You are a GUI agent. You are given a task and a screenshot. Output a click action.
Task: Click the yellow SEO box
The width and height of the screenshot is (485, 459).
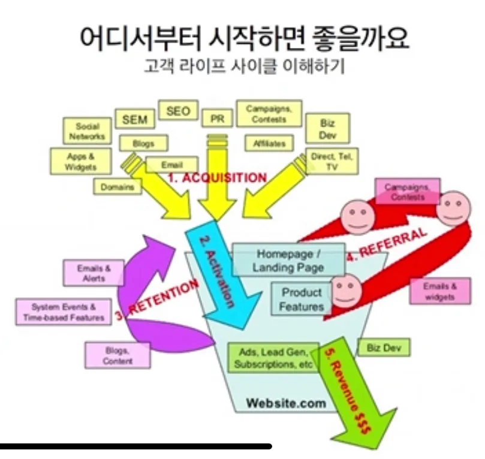178,111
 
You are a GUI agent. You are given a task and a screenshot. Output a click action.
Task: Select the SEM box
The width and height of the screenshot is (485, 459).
134,119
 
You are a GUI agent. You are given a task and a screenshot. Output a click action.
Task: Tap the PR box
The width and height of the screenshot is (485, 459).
217,119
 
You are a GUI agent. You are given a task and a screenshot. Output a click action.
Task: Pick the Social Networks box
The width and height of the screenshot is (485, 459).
87,131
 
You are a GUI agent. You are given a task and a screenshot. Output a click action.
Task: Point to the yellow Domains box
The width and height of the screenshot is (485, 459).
118,187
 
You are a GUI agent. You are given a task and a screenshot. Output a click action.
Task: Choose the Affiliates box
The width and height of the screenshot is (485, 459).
266,144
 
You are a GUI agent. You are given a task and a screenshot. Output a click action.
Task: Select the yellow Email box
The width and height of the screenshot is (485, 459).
172,165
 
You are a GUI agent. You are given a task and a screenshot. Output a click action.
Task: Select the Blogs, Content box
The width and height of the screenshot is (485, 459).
118,355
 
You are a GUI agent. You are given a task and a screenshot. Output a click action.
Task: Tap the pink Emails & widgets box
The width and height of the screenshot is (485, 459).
440,291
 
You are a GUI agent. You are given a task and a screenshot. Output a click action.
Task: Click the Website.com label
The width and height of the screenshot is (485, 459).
286,403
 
